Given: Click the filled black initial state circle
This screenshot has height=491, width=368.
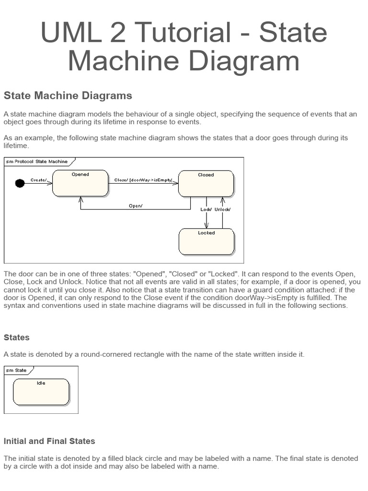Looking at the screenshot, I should (20, 183).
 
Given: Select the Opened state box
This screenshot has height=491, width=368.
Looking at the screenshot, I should (80, 183).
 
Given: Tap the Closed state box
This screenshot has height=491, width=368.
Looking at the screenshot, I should (206, 184).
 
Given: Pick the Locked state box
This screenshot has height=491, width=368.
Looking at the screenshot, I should (207, 242).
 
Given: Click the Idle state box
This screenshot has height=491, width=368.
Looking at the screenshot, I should (41, 392).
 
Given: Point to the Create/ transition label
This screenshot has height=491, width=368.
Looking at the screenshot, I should (39, 180).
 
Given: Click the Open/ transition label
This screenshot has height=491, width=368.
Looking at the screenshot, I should (136, 206).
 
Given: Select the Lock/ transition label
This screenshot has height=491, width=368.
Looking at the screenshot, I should (206, 210).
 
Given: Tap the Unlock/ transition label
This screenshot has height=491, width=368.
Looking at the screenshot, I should (222, 210).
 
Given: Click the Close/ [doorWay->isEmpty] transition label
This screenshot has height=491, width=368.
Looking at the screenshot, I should (143, 180).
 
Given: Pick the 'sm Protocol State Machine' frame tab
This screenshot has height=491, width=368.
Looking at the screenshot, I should (37, 162).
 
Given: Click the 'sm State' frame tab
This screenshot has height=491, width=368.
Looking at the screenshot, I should (17, 370).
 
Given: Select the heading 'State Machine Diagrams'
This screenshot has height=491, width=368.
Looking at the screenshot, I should (68, 95).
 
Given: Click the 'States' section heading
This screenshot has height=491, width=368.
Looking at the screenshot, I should (17, 338).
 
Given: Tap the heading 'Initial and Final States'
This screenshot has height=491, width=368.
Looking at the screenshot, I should (49, 441).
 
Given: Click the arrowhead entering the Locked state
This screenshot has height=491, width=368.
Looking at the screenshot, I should (207, 226).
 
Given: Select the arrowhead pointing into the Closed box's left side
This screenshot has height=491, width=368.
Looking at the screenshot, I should (176, 183).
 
